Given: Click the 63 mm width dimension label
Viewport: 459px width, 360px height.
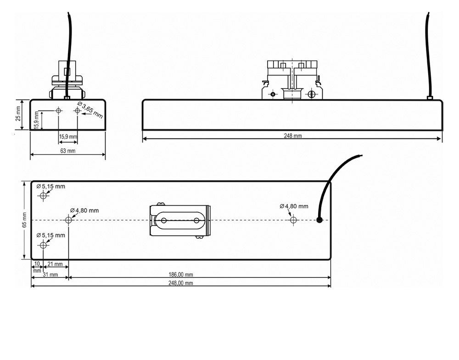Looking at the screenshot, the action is click(67, 151).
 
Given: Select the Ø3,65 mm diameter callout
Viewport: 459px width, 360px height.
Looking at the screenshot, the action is click(90, 110).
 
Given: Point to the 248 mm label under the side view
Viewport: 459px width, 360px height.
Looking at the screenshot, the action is click(292, 136).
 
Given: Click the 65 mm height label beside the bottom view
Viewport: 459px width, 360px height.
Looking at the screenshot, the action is click(25, 220).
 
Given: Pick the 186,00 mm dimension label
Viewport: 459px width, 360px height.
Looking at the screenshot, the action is click(180, 275).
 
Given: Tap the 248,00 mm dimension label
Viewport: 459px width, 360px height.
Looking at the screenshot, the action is click(180, 283).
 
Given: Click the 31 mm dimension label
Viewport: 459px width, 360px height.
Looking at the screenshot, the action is click(50, 275).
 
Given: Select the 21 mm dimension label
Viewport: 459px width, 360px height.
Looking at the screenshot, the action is click(55, 264).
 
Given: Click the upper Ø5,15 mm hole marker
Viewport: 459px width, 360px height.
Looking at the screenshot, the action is click(43, 195).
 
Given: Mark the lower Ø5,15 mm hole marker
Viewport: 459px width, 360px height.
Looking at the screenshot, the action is click(43, 245).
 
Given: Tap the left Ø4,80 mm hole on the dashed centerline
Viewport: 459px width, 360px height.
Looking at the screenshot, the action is click(68, 220).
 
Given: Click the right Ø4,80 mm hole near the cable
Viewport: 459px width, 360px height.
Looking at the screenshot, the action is click(293, 220).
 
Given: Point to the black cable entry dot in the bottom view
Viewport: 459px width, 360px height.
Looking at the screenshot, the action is click(319, 220).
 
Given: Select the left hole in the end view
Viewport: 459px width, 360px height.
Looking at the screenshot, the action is click(59, 111).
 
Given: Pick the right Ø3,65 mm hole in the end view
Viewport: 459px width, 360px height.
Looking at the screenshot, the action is click(77, 111).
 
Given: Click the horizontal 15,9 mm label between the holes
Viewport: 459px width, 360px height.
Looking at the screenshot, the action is click(68, 137).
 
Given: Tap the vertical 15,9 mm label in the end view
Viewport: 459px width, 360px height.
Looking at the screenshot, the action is click(36, 120).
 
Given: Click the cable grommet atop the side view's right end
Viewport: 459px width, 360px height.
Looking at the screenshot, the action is click(430, 98).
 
